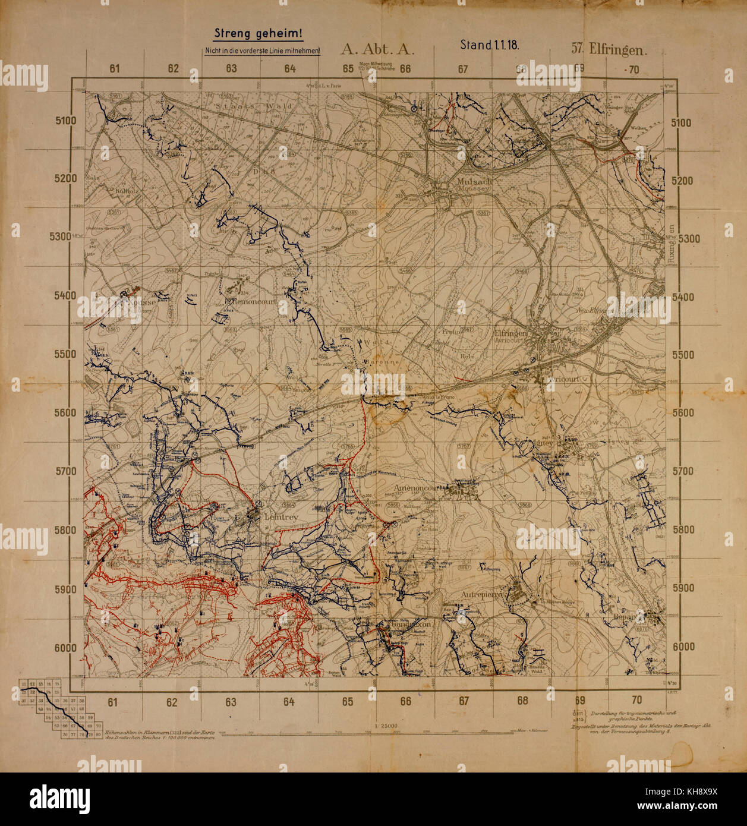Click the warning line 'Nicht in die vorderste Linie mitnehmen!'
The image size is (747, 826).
[x=262, y=51]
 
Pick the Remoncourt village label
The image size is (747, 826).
[x=253, y=301]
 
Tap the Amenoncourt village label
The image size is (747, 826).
[x=420, y=488]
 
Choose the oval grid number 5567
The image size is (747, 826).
[x=468, y=329]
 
